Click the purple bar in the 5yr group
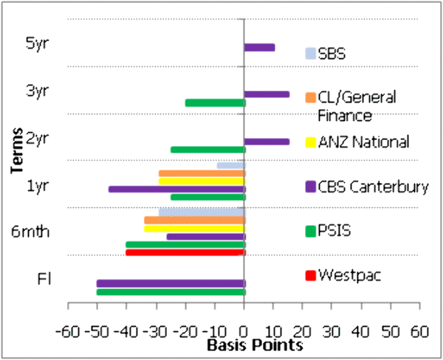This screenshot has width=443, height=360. [259, 47]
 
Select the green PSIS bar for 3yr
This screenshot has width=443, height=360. [215, 103]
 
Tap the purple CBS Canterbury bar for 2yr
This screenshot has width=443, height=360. [267, 141]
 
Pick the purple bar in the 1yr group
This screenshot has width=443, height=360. [176, 189]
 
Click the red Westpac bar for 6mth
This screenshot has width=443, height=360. [185, 252]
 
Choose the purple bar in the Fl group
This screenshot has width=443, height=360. [171, 283]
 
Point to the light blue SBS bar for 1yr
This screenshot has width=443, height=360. [230, 165]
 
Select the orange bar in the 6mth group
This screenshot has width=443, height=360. [194, 220]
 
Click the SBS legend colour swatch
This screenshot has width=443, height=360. [311, 53]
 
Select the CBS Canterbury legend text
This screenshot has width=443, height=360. [374, 186]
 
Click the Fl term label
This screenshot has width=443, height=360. [44, 280]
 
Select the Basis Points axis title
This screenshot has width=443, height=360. [244, 345]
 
